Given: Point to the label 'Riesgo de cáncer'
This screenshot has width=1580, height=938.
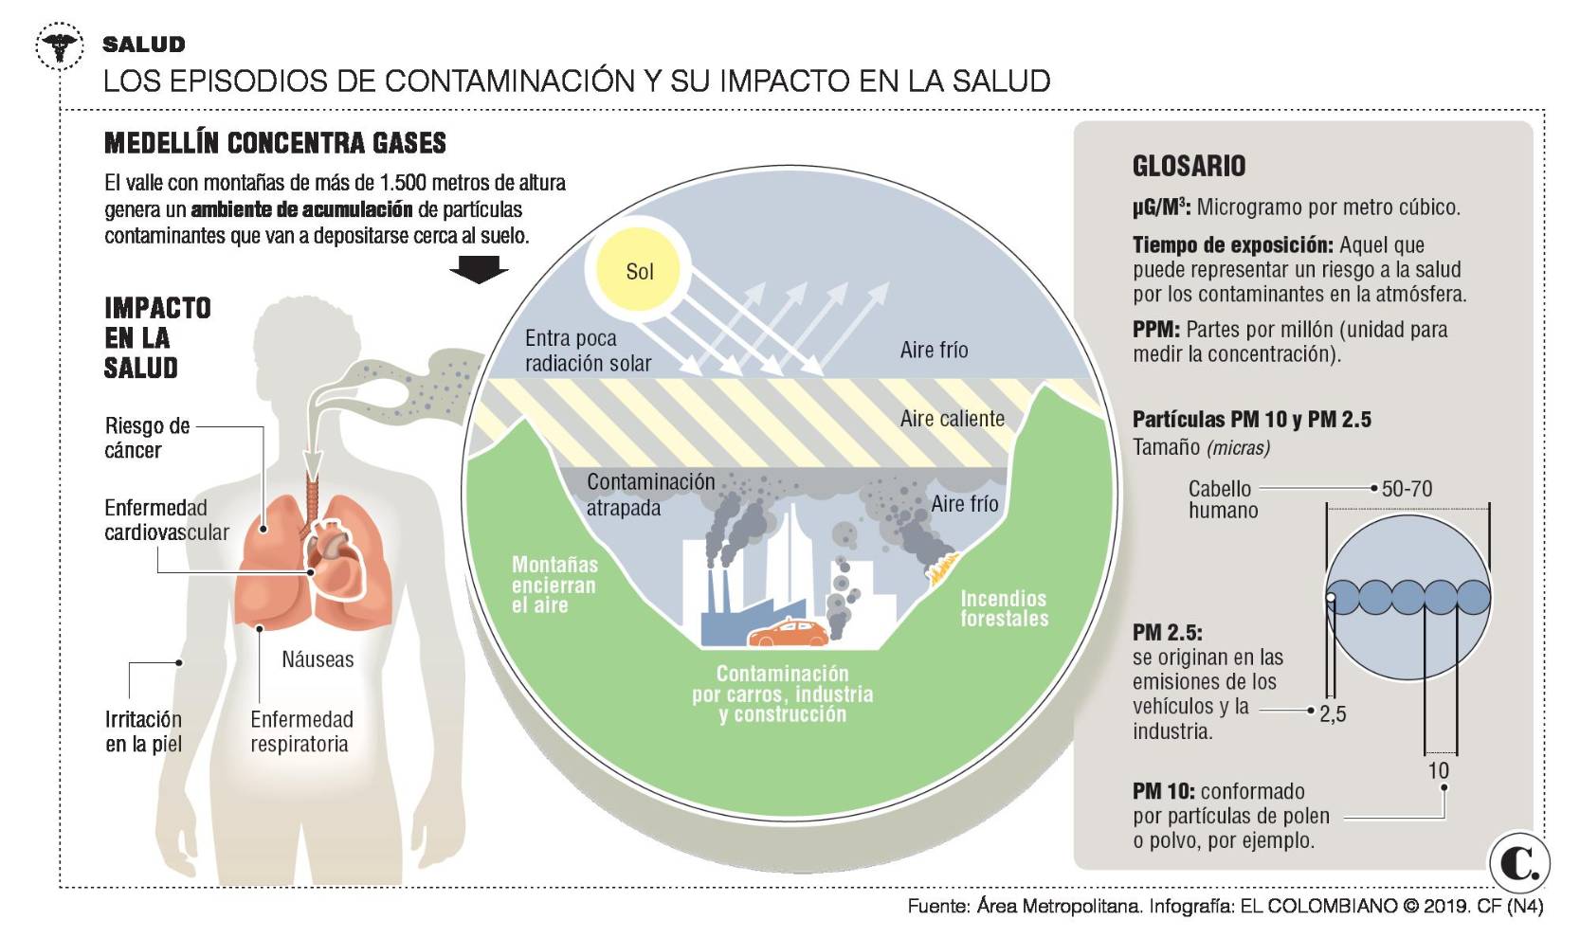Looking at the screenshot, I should [147, 438].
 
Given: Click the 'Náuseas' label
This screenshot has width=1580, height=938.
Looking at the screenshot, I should [318, 659].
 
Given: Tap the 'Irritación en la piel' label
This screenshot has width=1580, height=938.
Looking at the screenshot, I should [143, 731].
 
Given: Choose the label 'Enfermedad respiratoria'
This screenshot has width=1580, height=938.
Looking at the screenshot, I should [301, 731].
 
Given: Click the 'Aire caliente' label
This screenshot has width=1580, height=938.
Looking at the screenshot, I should [952, 419].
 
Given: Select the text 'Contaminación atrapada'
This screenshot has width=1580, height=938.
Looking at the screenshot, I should [650, 495].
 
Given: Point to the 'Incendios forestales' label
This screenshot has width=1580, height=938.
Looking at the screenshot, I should [1004, 608].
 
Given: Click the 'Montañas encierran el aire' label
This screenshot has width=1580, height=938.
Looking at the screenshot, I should [554, 585].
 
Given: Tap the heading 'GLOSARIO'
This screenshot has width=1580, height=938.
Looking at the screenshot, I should [1189, 167].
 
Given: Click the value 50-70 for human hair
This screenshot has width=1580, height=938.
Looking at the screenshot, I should [1407, 489].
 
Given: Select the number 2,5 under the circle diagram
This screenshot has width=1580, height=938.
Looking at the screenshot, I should [1333, 714].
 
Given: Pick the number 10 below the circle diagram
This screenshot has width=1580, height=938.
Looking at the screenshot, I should [1438, 770].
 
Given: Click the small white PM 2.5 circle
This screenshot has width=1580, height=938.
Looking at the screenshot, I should [1331, 598].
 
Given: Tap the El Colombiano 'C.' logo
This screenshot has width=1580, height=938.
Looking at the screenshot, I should [1518, 863].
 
